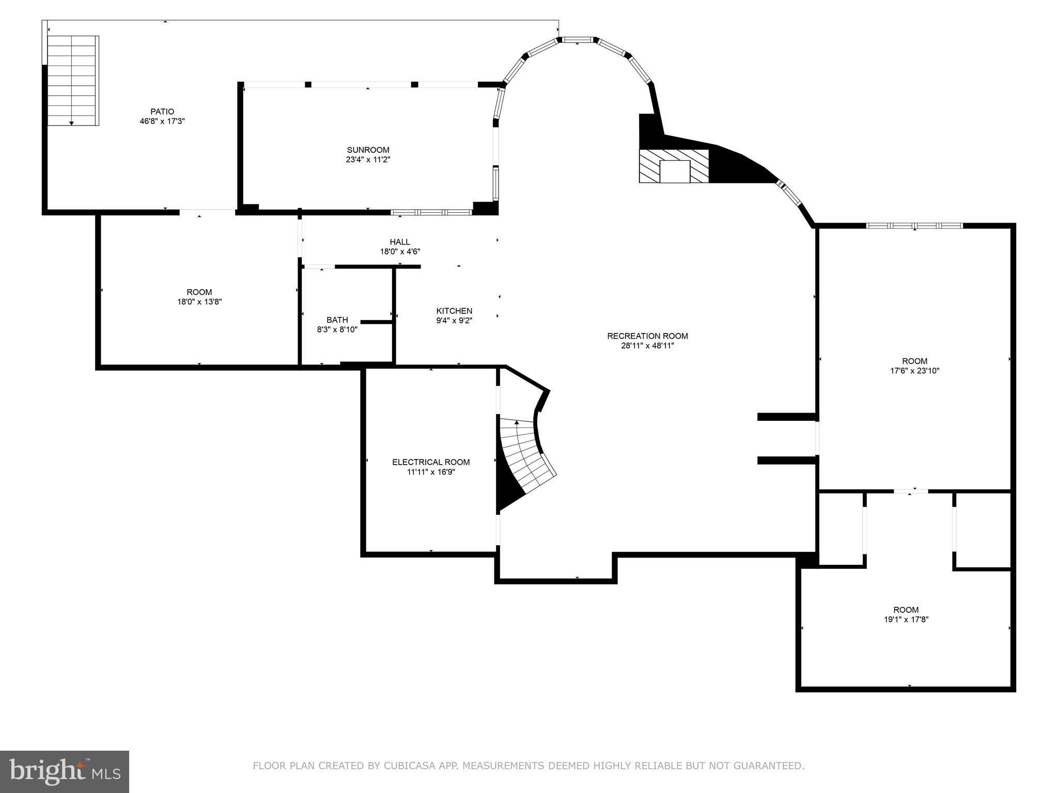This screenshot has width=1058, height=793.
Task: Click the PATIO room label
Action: pyautogui.click(x=162, y=112)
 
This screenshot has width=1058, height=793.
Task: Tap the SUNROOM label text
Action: pyautogui.click(x=368, y=150)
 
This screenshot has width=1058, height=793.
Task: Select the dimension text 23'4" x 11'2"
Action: pyautogui.click(x=368, y=160)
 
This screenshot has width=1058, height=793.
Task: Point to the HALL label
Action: pyautogui.click(x=400, y=242)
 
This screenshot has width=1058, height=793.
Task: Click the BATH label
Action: pyautogui.click(x=337, y=320)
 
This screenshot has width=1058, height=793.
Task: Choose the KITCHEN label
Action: pyautogui.click(x=454, y=311)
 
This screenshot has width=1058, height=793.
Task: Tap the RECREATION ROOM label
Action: pyautogui.click(x=647, y=336)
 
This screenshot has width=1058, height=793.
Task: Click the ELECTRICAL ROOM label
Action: pyautogui.click(x=431, y=462)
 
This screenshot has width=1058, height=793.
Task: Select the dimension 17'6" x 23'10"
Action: pyautogui.click(x=914, y=371)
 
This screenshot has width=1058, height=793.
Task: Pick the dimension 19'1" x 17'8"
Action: pyautogui.click(x=906, y=620)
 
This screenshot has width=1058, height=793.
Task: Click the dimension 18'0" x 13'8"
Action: pyautogui.click(x=199, y=302)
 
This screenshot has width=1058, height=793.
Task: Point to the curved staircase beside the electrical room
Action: pyautogui.click(x=524, y=454)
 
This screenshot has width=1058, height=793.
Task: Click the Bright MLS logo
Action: pyautogui.click(x=64, y=772)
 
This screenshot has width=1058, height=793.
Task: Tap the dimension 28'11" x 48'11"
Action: pyautogui.click(x=647, y=346)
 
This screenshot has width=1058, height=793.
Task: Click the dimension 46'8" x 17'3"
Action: pyautogui.click(x=162, y=121)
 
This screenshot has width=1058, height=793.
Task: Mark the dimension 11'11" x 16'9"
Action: pyautogui.click(x=431, y=472)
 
